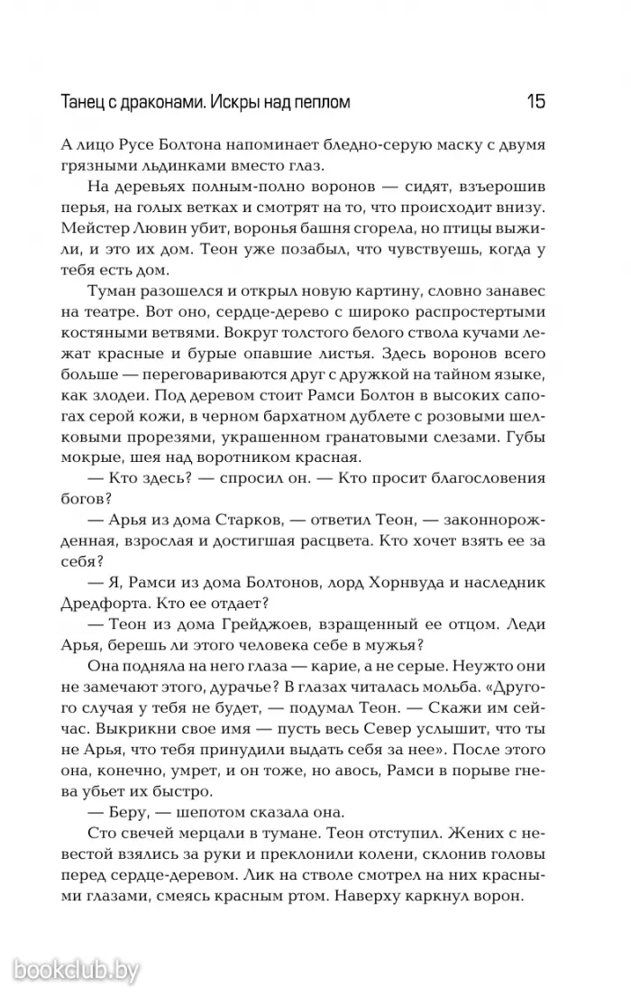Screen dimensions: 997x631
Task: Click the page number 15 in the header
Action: [535, 102]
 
